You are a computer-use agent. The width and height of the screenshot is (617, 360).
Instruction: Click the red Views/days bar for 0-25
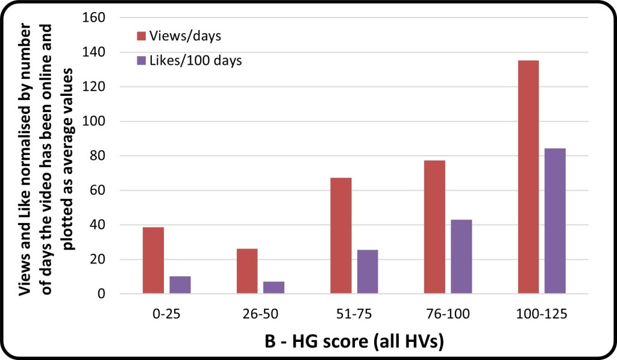[153, 261]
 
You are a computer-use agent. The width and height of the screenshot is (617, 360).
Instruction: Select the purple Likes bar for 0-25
[180, 285]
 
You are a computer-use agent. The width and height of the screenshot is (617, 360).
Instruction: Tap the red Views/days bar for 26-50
[247, 271]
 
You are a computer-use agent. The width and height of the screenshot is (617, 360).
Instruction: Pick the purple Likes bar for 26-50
[274, 288]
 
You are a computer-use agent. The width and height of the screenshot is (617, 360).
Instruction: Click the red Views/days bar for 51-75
[340, 236]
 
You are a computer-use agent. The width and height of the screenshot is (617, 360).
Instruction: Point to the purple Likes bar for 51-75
[368, 272]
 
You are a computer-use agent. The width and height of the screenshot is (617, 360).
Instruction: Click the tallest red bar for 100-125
[528, 177]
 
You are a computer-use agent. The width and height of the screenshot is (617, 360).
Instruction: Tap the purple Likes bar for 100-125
[555, 221]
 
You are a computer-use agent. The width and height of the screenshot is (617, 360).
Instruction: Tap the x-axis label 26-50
[260, 314]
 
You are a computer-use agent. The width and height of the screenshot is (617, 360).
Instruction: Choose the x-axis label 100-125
[542, 314]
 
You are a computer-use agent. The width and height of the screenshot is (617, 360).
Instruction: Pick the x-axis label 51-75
[354, 314]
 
